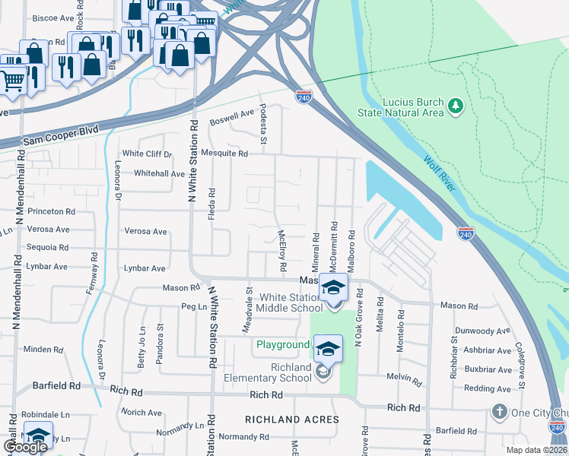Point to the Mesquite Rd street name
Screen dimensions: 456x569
(x=221, y=154)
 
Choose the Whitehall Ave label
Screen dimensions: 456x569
(x=159, y=173)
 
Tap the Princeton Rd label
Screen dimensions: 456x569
(x=51, y=211)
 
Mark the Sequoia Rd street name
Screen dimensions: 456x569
(x=47, y=248)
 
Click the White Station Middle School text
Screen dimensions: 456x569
(x=289, y=302)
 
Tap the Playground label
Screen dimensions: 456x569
(x=281, y=345)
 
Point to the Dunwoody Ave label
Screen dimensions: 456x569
(x=482, y=331)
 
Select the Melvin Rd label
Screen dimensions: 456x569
(x=403, y=378)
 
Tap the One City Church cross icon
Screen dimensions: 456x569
(x=499, y=413)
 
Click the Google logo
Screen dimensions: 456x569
(x=25, y=447)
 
